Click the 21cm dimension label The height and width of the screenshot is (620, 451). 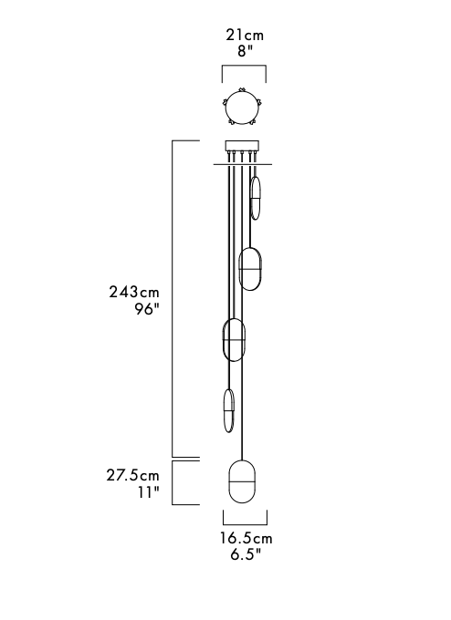[245, 36]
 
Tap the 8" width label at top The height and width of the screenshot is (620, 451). [245, 51]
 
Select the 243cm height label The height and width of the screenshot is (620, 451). [134, 292]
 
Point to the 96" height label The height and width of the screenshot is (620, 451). [147, 309]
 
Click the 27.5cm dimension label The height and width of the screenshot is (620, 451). [132, 475]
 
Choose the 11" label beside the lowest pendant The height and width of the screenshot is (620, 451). [149, 492]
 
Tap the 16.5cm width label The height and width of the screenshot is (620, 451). [246, 538]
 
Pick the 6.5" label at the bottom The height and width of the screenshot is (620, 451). [246, 554]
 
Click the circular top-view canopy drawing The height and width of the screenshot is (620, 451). [242, 107]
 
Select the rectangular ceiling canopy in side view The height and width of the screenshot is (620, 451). [242, 146]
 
